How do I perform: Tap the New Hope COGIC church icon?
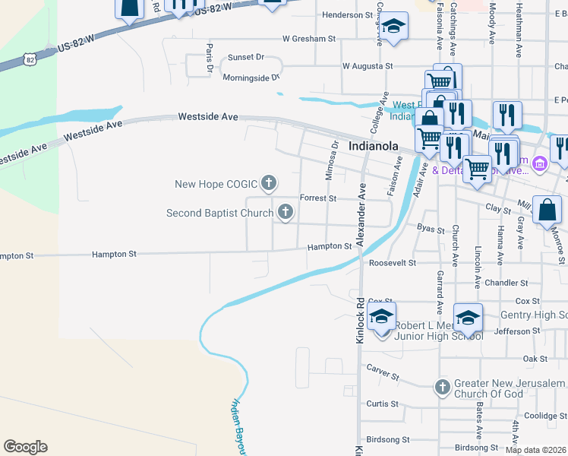[268, 182]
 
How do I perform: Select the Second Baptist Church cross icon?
[285, 212]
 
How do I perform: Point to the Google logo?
[25, 447]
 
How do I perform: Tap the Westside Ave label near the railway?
[208, 117]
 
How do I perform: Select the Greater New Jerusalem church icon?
[443, 388]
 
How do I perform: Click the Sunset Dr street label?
[246, 58]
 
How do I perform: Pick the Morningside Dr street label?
[251, 78]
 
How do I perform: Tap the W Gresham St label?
[309, 38]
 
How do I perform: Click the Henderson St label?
[348, 14]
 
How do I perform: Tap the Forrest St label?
[318, 198]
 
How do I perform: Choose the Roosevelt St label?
[393, 263]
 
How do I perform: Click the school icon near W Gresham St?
[393, 27]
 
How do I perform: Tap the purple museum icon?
[540, 163]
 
